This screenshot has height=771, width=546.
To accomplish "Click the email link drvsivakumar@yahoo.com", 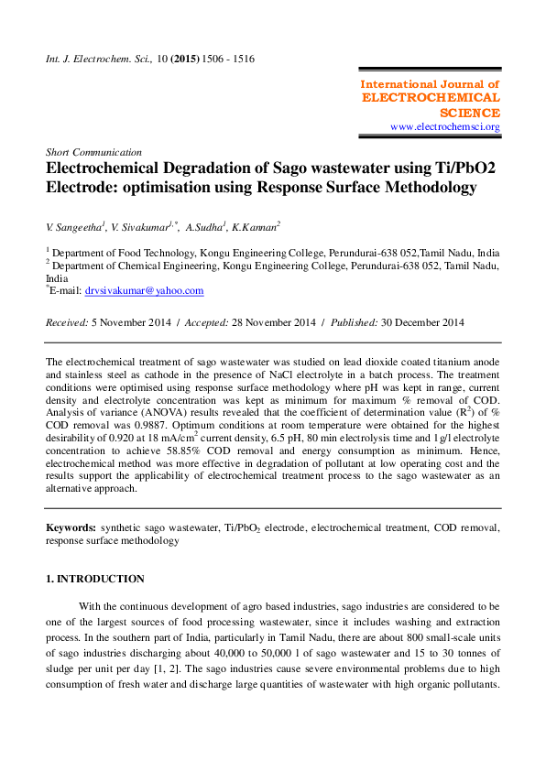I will click(x=144, y=290).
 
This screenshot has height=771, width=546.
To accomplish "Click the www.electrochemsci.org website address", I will click(x=444, y=127).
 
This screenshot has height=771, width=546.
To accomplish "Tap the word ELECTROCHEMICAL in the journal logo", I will click(x=431, y=98).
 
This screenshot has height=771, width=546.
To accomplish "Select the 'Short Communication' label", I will click(x=93, y=152).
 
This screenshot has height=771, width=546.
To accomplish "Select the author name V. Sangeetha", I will click(x=76, y=226).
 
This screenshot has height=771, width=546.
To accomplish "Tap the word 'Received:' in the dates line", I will click(x=67, y=322).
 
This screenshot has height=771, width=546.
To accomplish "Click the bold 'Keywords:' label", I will click(x=71, y=528).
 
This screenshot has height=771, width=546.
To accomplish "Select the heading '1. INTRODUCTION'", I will click(x=95, y=580).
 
